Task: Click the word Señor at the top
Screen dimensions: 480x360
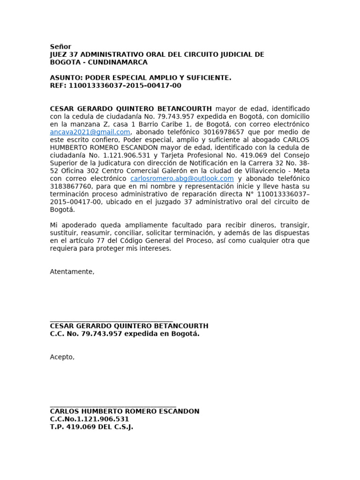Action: (x=60, y=47)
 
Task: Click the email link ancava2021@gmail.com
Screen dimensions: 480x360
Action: (x=90, y=132)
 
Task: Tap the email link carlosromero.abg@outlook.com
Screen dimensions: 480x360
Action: (x=182, y=179)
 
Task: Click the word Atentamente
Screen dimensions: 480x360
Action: (x=72, y=272)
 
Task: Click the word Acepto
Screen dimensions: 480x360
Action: (x=62, y=357)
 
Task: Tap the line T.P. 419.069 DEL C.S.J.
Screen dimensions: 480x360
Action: (x=91, y=427)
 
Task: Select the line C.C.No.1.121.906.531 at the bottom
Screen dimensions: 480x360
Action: (x=89, y=419)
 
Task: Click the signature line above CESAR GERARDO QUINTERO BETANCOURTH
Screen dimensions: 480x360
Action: (x=112, y=320)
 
